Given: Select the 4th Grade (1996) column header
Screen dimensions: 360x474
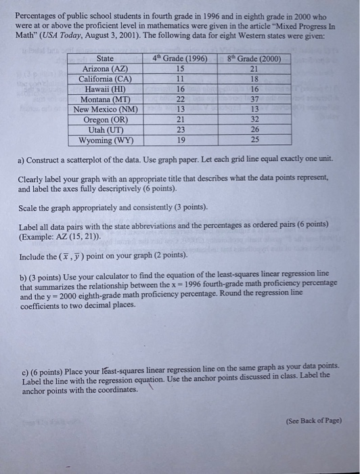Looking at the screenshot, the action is tap(179, 59).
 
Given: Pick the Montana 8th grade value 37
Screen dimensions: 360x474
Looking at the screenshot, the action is tap(254, 100).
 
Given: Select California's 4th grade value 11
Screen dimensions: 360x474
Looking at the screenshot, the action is tap(179, 79).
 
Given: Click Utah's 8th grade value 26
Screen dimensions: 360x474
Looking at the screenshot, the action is tap(254, 131).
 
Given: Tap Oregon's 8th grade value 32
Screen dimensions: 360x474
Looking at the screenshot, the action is tap(254, 121).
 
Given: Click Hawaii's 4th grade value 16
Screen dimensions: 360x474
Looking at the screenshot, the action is tap(179, 89).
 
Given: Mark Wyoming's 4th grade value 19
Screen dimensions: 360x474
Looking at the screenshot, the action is tap(179, 141).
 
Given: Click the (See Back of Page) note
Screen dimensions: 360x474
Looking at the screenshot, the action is tap(313, 420).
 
